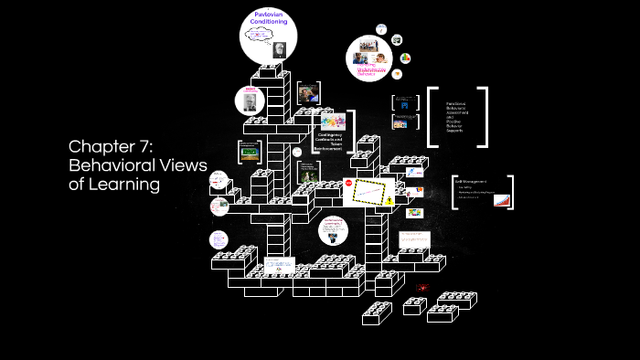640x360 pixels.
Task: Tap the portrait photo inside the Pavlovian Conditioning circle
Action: click(x=276, y=51)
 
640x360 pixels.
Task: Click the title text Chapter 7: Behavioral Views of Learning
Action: click(x=138, y=164)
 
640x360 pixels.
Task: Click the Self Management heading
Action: click(x=471, y=182)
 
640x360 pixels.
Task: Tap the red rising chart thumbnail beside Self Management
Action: click(x=501, y=198)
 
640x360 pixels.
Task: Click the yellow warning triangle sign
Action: click(x=390, y=200)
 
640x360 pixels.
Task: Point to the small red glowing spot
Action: click(x=422, y=288)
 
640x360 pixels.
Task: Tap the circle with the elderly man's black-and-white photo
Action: click(x=250, y=101)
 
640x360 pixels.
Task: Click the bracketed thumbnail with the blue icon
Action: click(x=403, y=102)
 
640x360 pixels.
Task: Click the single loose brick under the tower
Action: click(x=377, y=313)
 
